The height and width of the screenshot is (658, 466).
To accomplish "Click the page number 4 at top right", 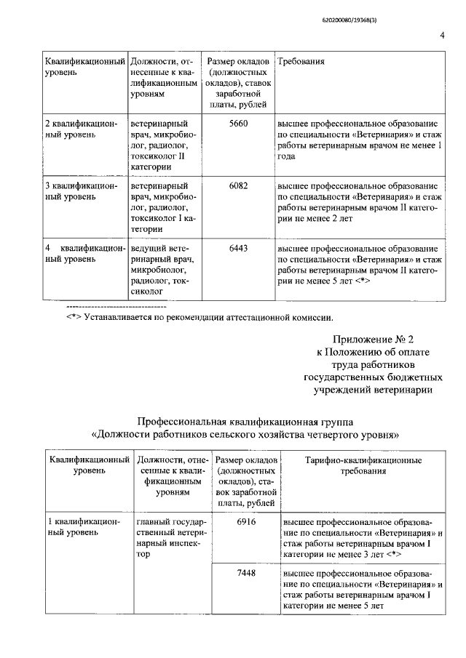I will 442,36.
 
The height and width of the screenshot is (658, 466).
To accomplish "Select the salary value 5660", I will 238,124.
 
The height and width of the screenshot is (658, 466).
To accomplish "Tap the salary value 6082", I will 238,186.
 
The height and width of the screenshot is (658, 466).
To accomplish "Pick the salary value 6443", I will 238,249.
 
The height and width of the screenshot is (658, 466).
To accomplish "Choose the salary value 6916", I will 246,523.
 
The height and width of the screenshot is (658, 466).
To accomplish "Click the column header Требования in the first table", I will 301,62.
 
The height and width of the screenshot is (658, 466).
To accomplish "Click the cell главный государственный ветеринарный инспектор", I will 173,538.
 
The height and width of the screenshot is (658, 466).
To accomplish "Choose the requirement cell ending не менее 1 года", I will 360,140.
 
